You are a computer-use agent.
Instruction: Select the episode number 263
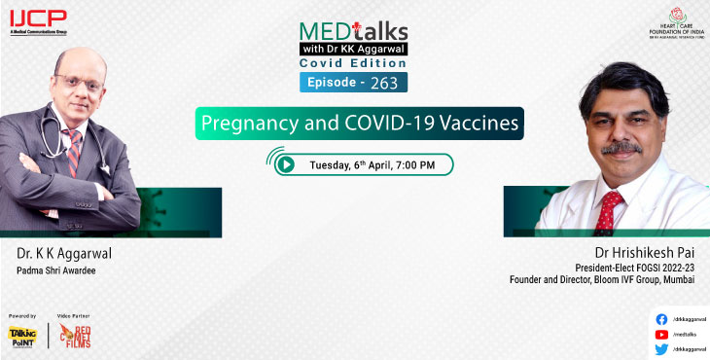(x=383, y=82)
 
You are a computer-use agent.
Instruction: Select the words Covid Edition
(x=354, y=62)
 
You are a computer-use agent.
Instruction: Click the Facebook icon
(x=661, y=318)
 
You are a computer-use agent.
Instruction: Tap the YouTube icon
(x=661, y=334)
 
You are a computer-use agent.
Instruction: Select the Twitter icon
(x=661, y=348)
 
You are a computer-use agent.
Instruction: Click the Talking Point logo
(x=22, y=336)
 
